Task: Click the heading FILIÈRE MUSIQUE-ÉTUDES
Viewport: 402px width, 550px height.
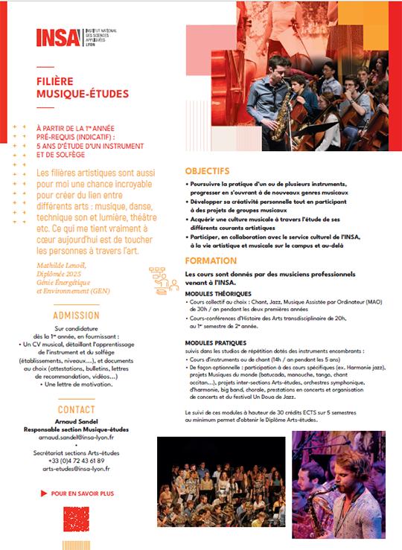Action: click(82, 88)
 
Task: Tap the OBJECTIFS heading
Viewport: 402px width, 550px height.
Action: click(208, 170)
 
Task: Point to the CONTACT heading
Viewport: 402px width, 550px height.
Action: click(76, 409)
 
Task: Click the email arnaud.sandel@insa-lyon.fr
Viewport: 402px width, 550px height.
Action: click(77, 438)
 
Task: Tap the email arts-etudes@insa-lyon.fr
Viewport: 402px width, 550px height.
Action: click(77, 469)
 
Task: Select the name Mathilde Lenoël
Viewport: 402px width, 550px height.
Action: click(61, 265)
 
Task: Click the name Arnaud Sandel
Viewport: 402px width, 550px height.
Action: click(76, 421)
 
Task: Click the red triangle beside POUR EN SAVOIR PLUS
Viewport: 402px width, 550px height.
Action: click(43, 493)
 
